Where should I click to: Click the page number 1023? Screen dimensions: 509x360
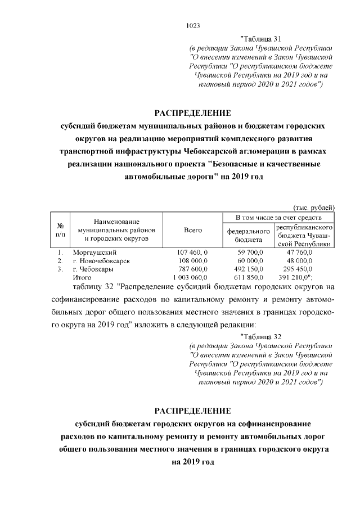tap(192, 25)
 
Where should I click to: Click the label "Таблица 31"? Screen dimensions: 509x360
tap(260, 39)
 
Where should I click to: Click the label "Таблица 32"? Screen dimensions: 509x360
tap(260, 336)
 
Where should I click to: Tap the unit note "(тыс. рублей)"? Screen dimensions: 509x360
tap(315, 206)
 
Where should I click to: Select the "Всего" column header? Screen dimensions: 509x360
tap(193, 231)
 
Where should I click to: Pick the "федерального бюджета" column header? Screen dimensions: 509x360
tap(248, 235)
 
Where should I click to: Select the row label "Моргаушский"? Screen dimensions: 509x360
tap(92, 253)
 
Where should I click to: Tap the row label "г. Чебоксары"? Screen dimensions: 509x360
tap(93, 269)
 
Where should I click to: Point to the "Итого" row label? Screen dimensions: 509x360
tap(82, 278)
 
